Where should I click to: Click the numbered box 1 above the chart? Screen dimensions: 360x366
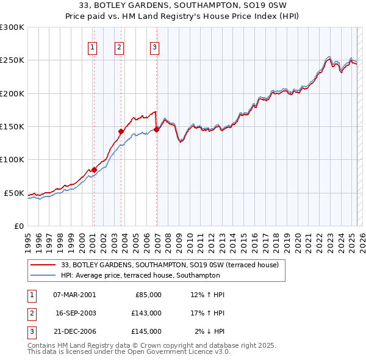[92, 48]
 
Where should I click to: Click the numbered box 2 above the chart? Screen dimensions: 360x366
[119, 48]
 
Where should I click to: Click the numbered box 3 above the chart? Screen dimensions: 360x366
[154, 48]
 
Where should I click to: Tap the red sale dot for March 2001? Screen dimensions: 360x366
[94, 170]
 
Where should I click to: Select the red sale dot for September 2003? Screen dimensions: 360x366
[121, 131]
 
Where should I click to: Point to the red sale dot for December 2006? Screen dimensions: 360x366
[157, 129]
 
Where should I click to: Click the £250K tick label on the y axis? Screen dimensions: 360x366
[12, 60]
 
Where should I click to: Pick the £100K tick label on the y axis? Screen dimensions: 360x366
[12, 160]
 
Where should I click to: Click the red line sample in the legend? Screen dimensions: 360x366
[43, 265]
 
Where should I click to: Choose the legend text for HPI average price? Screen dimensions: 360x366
[140, 276]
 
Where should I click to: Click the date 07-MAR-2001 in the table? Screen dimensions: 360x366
[74, 295]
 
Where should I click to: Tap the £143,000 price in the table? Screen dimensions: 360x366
[146, 313]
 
